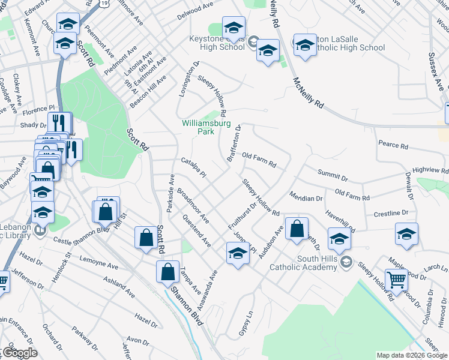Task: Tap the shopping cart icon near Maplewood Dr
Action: pyautogui.click(x=396, y=280)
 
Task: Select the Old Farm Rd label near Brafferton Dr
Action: pyautogui.click(x=259, y=160)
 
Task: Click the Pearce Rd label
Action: pyautogui.click(x=393, y=146)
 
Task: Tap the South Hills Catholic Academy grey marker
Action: pyautogui.click(x=346, y=262)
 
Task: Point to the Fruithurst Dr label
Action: pyautogui.click(x=242, y=215)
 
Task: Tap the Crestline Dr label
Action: pyautogui.click(x=391, y=214)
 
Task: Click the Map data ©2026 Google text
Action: pyautogui.click(x=411, y=355)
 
